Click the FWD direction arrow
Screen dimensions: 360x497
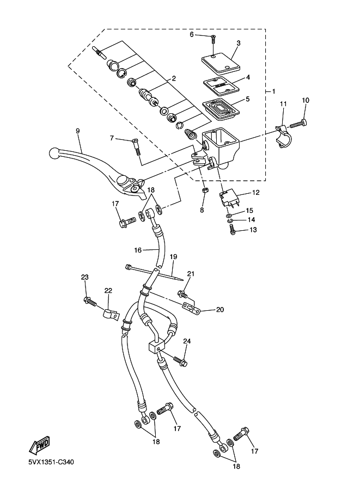(39, 445)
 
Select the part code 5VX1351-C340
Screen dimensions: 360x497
(51, 462)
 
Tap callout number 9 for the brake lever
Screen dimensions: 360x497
(77, 131)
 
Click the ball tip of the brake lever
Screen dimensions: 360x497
(54, 154)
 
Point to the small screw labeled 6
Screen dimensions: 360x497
(213, 40)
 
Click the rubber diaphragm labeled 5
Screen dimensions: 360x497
(221, 110)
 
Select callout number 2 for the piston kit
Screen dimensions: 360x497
(174, 78)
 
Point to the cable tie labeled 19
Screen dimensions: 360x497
(154, 273)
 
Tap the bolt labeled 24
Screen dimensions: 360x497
(180, 361)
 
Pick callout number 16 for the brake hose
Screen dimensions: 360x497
(138, 250)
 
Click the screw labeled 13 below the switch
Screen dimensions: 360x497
(233, 230)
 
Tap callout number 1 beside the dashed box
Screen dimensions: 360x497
(273, 91)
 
